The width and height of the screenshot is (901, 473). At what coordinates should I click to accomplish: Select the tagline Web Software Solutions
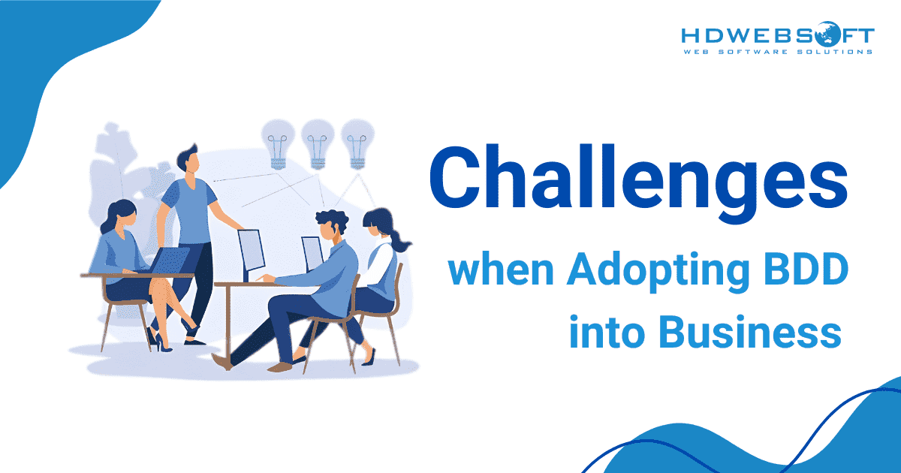pos(777,52)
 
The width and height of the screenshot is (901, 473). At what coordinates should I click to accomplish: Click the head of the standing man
pos(188,160)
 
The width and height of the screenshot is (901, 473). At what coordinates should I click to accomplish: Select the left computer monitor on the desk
pos(252,249)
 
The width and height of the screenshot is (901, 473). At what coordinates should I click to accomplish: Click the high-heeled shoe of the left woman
pos(155,339)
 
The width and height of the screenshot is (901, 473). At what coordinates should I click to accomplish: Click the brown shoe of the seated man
pos(279,367)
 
